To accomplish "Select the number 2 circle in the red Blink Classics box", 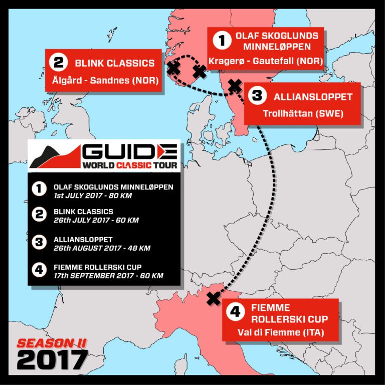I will pyautogui.click(x=59, y=63).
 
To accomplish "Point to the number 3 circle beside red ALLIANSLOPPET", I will pyautogui.click(x=257, y=96).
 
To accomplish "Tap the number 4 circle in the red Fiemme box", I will pyautogui.click(x=234, y=312).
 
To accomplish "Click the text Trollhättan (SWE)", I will pyautogui.click(x=303, y=113).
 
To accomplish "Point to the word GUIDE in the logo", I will pyautogui.click(x=129, y=152).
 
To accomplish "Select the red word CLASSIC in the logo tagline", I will pyautogui.click(x=131, y=164).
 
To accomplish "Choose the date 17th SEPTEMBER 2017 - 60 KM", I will pyautogui.click(x=108, y=275).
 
